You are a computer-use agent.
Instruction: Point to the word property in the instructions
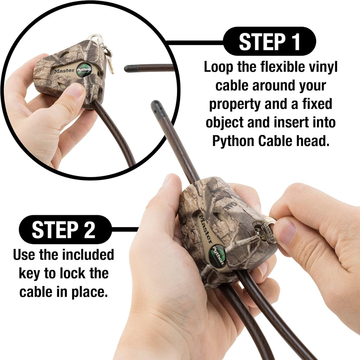click(x=235, y=104)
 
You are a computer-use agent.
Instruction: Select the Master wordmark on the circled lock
click(x=64, y=71)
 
